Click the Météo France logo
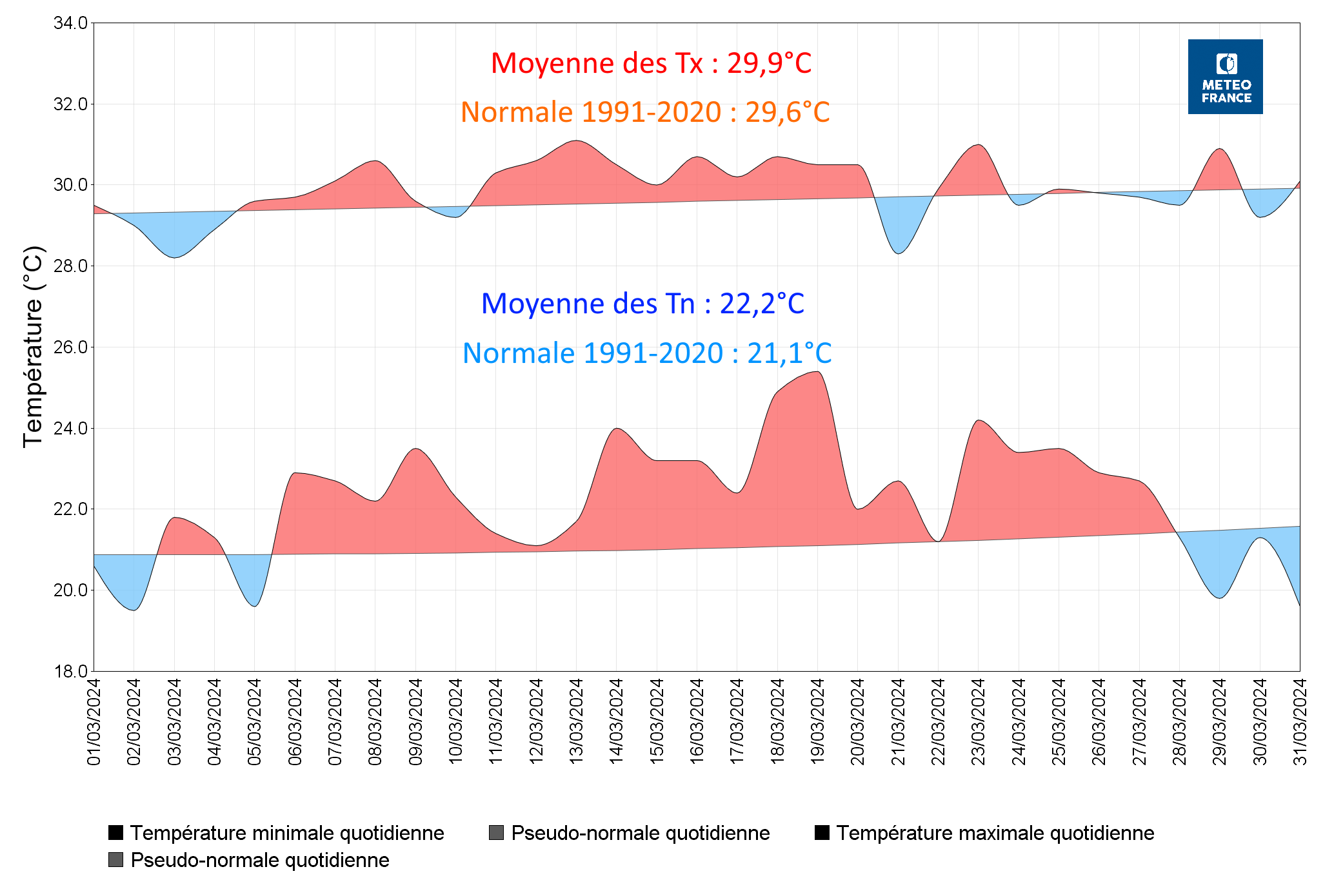1225,77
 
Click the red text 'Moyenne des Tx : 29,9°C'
651,64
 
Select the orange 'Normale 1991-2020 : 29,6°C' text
645,113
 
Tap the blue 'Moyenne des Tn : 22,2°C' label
642,304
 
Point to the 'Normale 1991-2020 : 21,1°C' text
647,354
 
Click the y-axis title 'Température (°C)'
33,347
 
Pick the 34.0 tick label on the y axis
70,23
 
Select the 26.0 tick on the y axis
70,347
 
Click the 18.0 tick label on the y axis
70,672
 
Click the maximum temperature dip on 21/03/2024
899,253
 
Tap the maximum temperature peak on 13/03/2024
577,141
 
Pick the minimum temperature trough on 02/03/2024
134,610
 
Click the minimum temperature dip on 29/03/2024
1219,598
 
